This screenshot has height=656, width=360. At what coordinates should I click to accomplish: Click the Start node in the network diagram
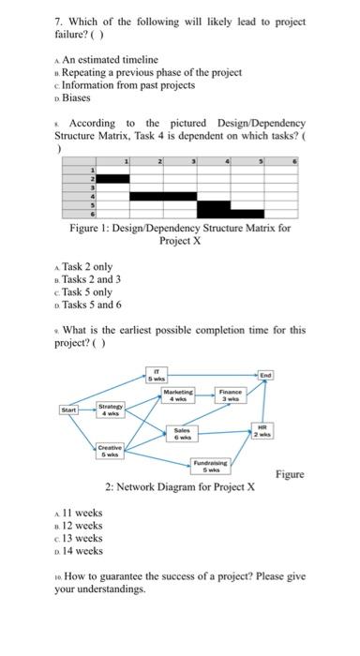coord(68,410)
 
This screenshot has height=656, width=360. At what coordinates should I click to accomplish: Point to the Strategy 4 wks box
coord(111,410)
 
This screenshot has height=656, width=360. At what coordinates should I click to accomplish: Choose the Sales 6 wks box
coord(182,434)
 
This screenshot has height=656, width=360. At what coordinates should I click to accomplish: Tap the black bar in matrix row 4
coord(163,196)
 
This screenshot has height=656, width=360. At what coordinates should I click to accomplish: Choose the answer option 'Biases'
coord(76,97)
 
